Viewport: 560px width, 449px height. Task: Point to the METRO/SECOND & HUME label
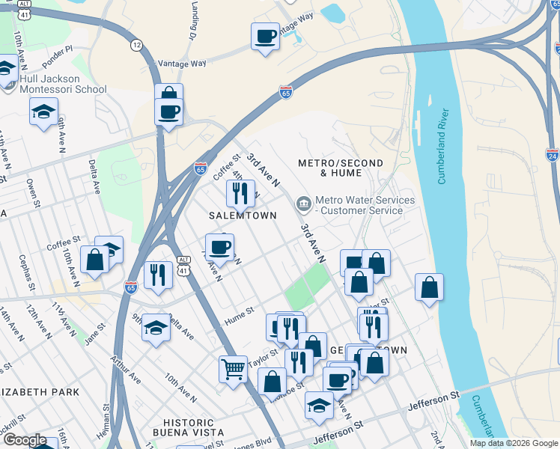tap(340, 168)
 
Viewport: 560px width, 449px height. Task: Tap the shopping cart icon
tap(233, 367)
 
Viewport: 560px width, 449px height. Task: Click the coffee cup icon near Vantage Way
tap(265, 35)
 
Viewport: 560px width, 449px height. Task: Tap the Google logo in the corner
tap(25, 441)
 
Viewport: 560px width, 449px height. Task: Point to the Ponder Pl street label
tap(58, 49)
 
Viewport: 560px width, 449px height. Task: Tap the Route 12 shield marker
tap(136, 46)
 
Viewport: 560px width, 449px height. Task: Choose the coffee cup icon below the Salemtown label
tap(220, 246)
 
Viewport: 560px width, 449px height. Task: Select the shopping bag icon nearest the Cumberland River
tap(429, 287)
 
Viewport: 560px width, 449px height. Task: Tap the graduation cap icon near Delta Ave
tap(156, 327)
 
